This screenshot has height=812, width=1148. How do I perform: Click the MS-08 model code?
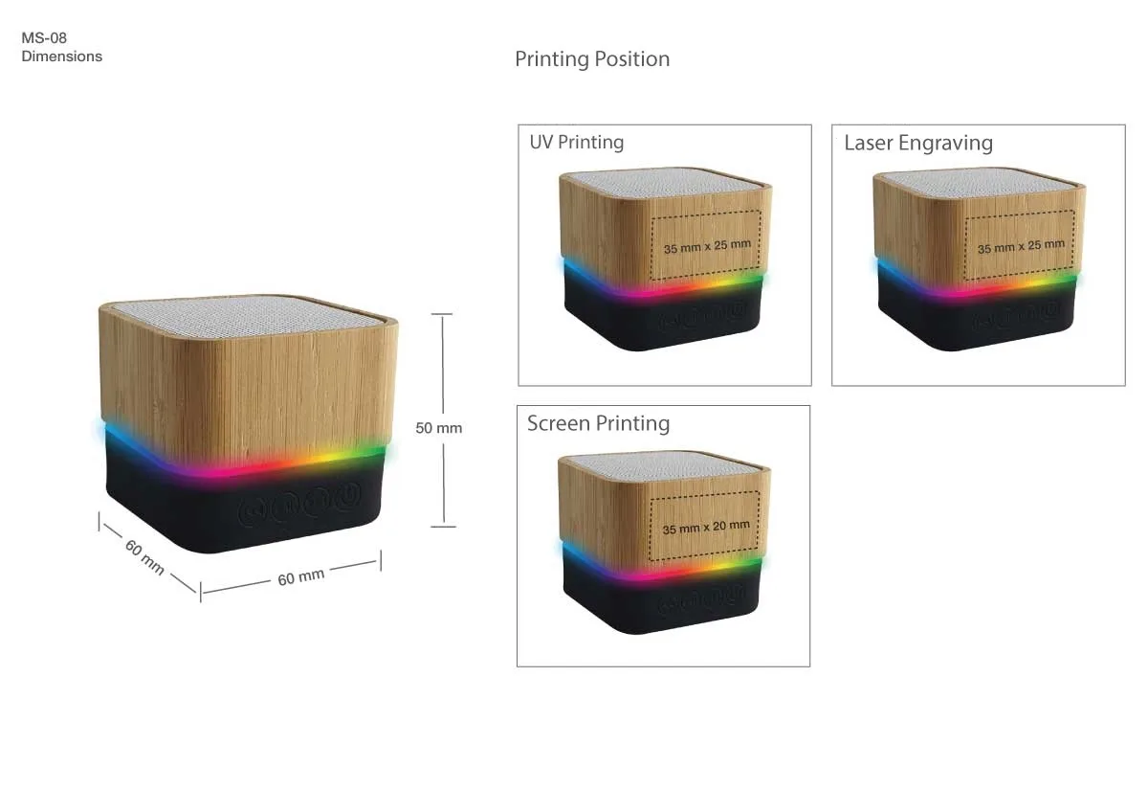click(x=44, y=38)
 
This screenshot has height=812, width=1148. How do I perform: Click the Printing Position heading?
click(x=592, y=59)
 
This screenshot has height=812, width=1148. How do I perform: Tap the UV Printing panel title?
click(x=576, y=143)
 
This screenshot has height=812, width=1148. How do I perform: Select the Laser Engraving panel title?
click(x=917, y=144)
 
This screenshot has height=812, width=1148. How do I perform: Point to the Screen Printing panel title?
click(x=598, y=423)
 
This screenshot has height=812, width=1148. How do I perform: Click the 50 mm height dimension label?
click(x=438, y=428)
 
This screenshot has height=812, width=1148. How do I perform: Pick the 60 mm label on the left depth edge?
click(x=144, y=556)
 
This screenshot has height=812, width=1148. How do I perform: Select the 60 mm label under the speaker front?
click(x=300, y=576)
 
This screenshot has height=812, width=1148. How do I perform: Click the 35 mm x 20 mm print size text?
click(x=706, y=527)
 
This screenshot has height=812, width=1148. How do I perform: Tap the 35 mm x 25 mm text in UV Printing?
click(x=707, y=246)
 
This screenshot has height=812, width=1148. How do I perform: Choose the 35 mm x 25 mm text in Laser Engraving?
click(x=1021, y=246)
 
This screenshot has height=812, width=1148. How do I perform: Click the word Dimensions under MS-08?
click(x=61, y=56)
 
